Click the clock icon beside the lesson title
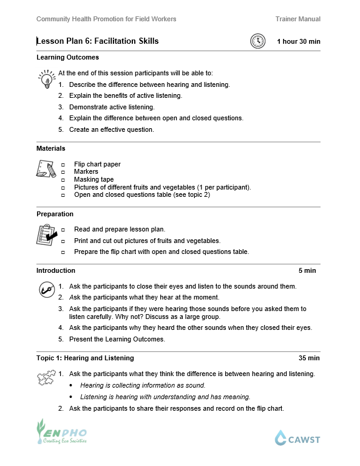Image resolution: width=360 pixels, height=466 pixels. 258,41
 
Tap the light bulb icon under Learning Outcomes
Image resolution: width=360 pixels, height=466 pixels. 45,80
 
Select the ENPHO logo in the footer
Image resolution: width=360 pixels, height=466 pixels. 61,432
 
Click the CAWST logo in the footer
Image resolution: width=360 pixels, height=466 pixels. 297,437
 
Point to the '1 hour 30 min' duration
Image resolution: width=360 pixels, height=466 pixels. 298,41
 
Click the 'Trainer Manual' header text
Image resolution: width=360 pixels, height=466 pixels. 297,19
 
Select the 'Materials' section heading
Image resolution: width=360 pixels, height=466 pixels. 51,148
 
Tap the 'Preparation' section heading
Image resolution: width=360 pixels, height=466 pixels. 55,214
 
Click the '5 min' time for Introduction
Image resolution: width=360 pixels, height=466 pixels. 307,270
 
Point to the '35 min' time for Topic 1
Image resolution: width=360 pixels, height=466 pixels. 309,358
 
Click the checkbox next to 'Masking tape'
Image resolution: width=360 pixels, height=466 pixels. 63,180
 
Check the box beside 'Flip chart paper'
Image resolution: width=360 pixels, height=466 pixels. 63,165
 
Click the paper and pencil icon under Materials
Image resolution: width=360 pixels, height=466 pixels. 46,169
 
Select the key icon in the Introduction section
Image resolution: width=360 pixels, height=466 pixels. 46,289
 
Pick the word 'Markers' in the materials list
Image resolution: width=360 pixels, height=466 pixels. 86,172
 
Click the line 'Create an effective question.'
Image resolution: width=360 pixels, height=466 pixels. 112,129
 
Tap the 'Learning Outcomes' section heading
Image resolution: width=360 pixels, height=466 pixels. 67,58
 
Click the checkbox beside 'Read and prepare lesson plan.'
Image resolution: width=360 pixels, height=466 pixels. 63,230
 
